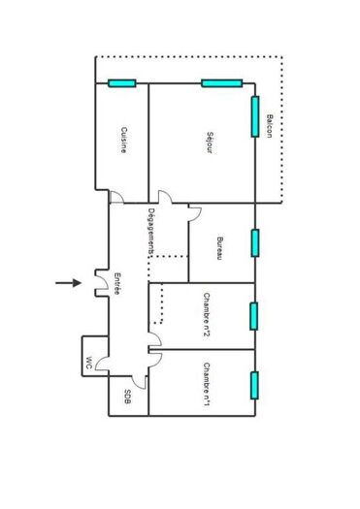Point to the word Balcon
coord(269,125)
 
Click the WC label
coord(88,364)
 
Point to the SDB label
coord(127,398)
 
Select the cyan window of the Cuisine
coord(121,82)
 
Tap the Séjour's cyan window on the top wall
coord(220,82)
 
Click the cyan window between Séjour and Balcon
coord(255,112)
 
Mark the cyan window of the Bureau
coord(255,242)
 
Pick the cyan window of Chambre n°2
coord(255,316)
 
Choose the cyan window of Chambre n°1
coord(255,385)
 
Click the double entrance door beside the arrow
coord(98,283)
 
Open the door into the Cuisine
coord(115,198)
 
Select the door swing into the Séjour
coord(165,198)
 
